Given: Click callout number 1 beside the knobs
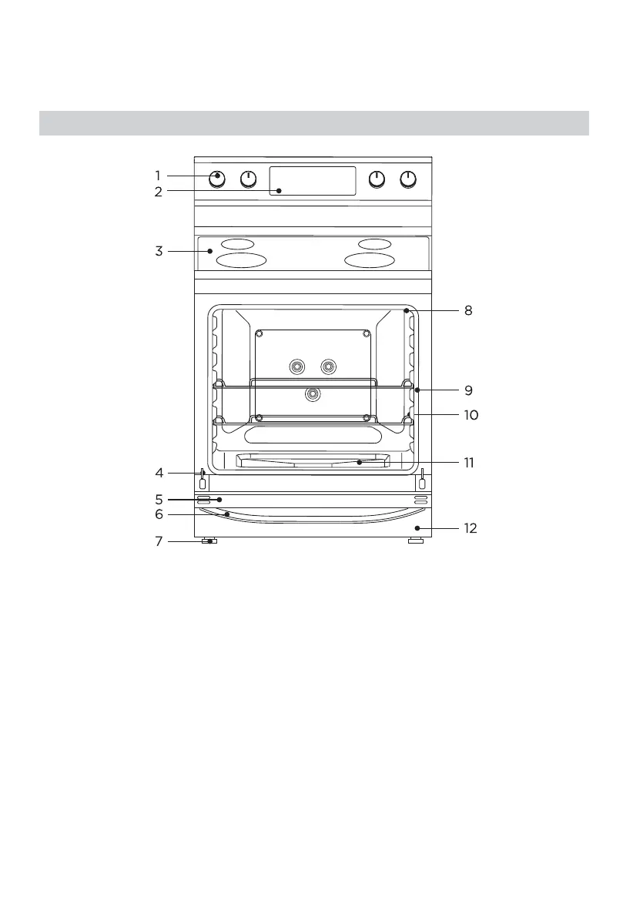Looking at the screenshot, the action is point(157,176).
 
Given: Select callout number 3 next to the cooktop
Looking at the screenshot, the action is point(158,251).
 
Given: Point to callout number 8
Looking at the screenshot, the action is point(467,311).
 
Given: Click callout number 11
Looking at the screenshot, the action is point(469,464).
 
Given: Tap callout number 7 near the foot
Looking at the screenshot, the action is point(159,541).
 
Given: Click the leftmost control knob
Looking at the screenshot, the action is point(218,179).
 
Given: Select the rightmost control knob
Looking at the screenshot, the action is point(407,179).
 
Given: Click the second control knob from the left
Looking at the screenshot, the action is point(248,179).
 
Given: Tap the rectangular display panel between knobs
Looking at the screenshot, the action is point(313,180).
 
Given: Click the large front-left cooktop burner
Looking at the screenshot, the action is point(241,260).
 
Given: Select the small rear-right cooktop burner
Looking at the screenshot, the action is point(374,244).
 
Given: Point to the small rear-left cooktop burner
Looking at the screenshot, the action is point(236,244).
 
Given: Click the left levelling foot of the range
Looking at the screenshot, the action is point(209,541).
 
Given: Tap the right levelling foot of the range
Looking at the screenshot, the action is point(415,541).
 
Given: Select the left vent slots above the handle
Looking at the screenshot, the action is point(203,500).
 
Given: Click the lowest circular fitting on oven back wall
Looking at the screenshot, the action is point(312,394).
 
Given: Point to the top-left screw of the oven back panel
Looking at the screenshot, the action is point(260,334).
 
